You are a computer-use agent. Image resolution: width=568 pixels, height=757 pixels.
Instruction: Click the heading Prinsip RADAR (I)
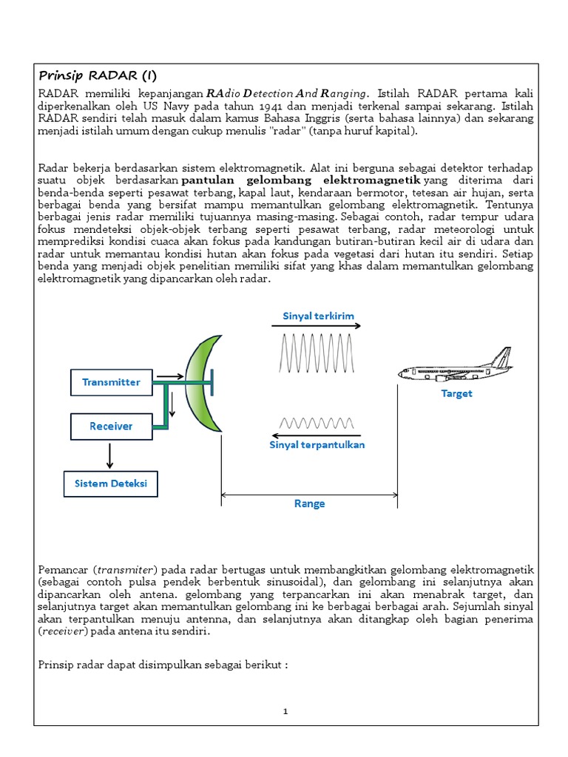coord(97,76)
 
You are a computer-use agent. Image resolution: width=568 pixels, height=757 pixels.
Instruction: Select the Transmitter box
coord(111,382)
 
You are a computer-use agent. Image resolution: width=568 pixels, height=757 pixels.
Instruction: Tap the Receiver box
coord(111,426)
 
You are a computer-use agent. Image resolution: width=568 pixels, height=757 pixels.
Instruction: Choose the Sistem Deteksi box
coord(111,484)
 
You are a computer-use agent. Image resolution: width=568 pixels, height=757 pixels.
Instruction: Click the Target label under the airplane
coord(456,393)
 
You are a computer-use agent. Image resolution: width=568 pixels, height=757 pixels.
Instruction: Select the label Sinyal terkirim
coord(318,316)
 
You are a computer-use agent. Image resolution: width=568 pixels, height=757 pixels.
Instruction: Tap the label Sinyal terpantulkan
coord(317,445)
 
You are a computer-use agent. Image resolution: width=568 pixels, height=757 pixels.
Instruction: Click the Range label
coord(310,503)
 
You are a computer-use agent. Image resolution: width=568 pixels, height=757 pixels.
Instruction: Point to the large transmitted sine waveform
coord(317,353)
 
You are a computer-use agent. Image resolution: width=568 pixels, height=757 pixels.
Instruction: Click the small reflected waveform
coord(317,424)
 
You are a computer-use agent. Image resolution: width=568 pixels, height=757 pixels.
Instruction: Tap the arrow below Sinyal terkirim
coord(318,326)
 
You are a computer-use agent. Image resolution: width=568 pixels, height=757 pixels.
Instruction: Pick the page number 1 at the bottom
coord(285,711)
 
